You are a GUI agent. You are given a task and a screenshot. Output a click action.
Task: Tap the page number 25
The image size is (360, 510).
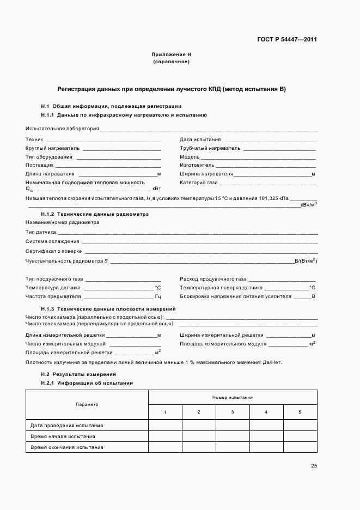pos(314,465)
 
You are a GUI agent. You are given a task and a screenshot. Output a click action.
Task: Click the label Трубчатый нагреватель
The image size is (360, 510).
pos(210,148)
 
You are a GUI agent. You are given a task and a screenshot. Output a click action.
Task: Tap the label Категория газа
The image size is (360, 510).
pos(199,182)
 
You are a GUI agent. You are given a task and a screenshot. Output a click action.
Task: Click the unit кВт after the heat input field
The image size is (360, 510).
pos(156,189)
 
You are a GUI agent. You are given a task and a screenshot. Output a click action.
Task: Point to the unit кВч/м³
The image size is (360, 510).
pos(309,205)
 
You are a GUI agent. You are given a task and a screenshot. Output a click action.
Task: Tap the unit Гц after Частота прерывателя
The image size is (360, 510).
pos(157,296)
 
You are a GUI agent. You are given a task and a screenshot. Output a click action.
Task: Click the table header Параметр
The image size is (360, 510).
pos(87,404)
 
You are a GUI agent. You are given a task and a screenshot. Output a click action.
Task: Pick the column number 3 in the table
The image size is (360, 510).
pos(232,411)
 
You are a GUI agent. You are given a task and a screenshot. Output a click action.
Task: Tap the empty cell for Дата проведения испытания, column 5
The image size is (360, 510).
pos(300,425)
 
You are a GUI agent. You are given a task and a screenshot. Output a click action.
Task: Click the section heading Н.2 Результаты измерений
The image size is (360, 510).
pos(78,374)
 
